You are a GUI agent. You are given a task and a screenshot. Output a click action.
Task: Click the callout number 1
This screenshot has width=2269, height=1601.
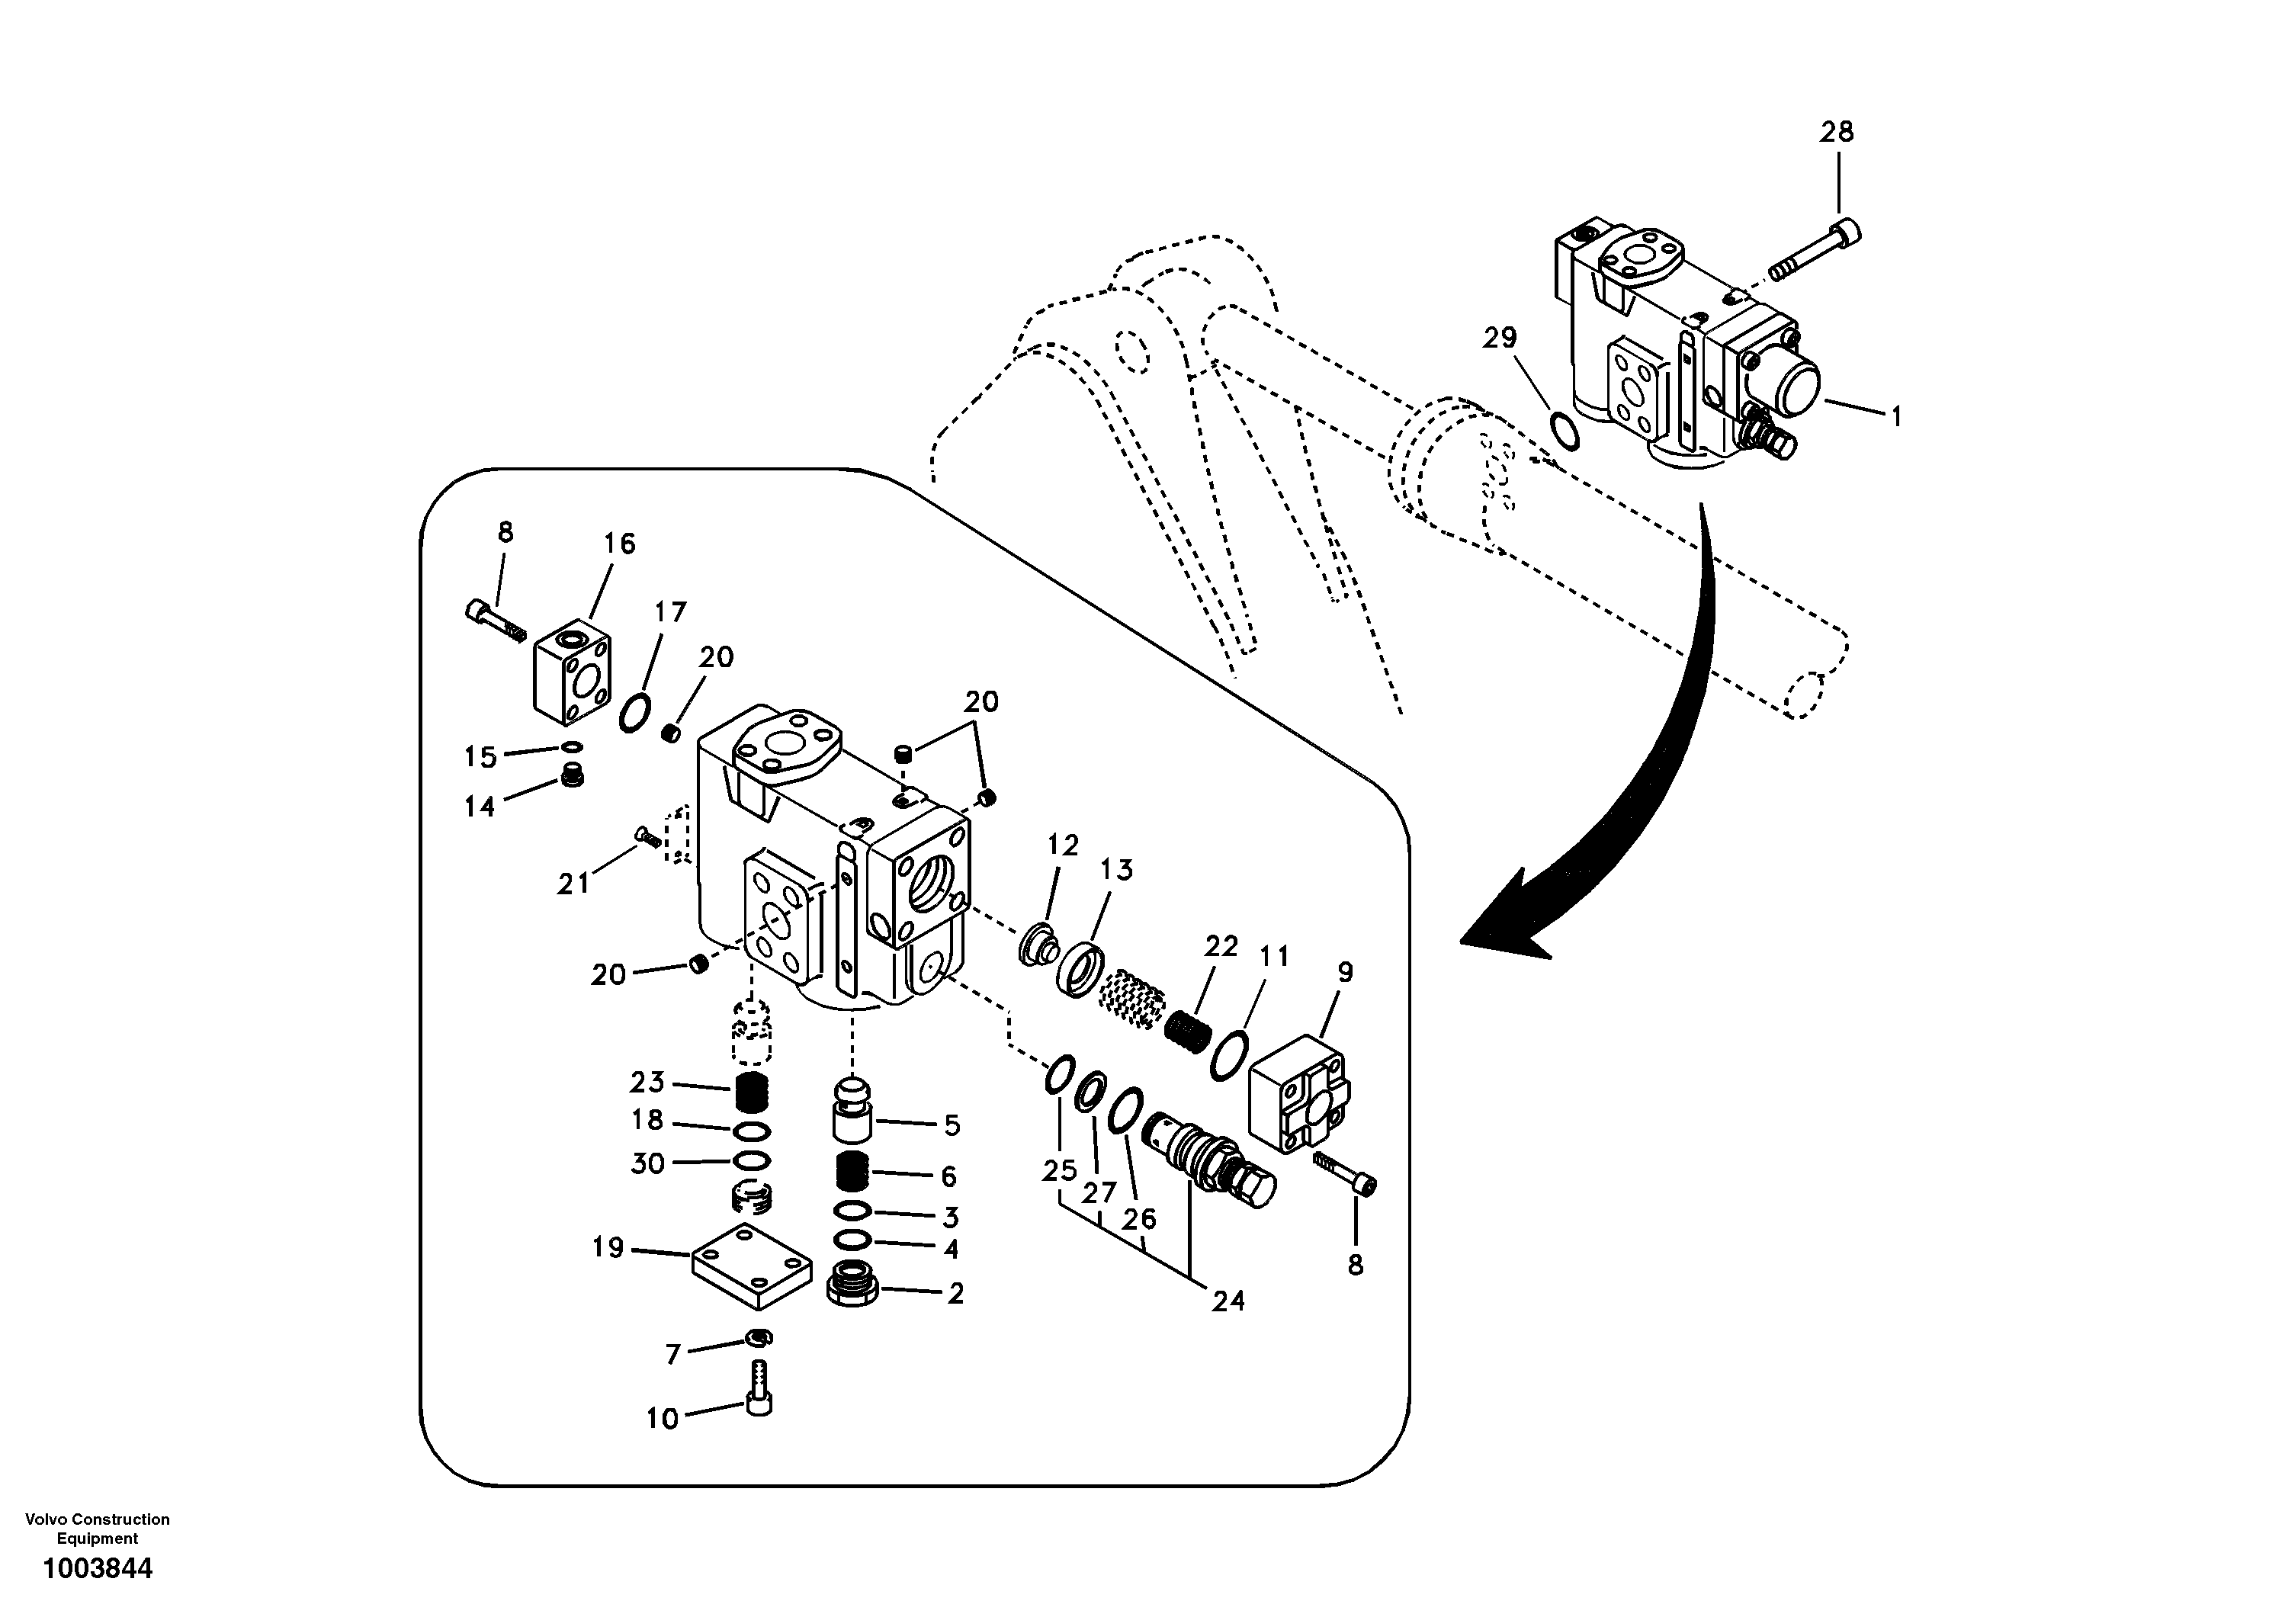(x=1895, y=417)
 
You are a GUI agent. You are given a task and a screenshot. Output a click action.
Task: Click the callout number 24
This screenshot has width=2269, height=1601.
(x=1228, y=1301)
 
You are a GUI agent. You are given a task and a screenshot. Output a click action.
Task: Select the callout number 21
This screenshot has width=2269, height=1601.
(x=573, y=884)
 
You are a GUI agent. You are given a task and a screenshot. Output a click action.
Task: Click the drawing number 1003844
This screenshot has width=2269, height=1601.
(x=97, y=1567)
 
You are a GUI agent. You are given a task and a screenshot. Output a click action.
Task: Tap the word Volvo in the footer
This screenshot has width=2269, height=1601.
(x=44, y=1519)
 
